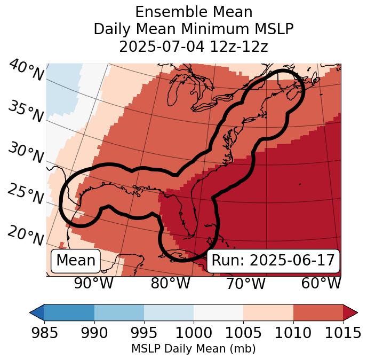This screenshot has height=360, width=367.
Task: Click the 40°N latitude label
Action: coord(26,71)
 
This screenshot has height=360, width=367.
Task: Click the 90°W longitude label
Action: coord(94,283)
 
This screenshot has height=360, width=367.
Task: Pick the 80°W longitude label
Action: coord(170,283)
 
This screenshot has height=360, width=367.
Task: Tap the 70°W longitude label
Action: coord(245,283)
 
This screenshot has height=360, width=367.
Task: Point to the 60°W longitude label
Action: coord(321,283)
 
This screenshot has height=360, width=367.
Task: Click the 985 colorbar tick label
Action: coord(44,333)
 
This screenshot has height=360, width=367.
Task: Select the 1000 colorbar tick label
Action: coord(194,333)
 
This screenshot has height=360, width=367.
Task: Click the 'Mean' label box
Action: coord(76,261)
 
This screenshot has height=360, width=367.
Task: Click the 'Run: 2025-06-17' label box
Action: coord(273,261)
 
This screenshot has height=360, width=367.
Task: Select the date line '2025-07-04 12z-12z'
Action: coord(194,46)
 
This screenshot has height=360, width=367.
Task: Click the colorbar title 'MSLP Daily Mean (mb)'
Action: coord(194,349)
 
